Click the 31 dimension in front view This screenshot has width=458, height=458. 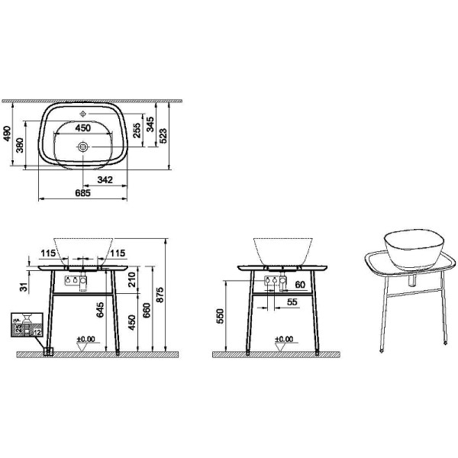(23, 287)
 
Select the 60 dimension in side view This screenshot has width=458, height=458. (299, 285)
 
